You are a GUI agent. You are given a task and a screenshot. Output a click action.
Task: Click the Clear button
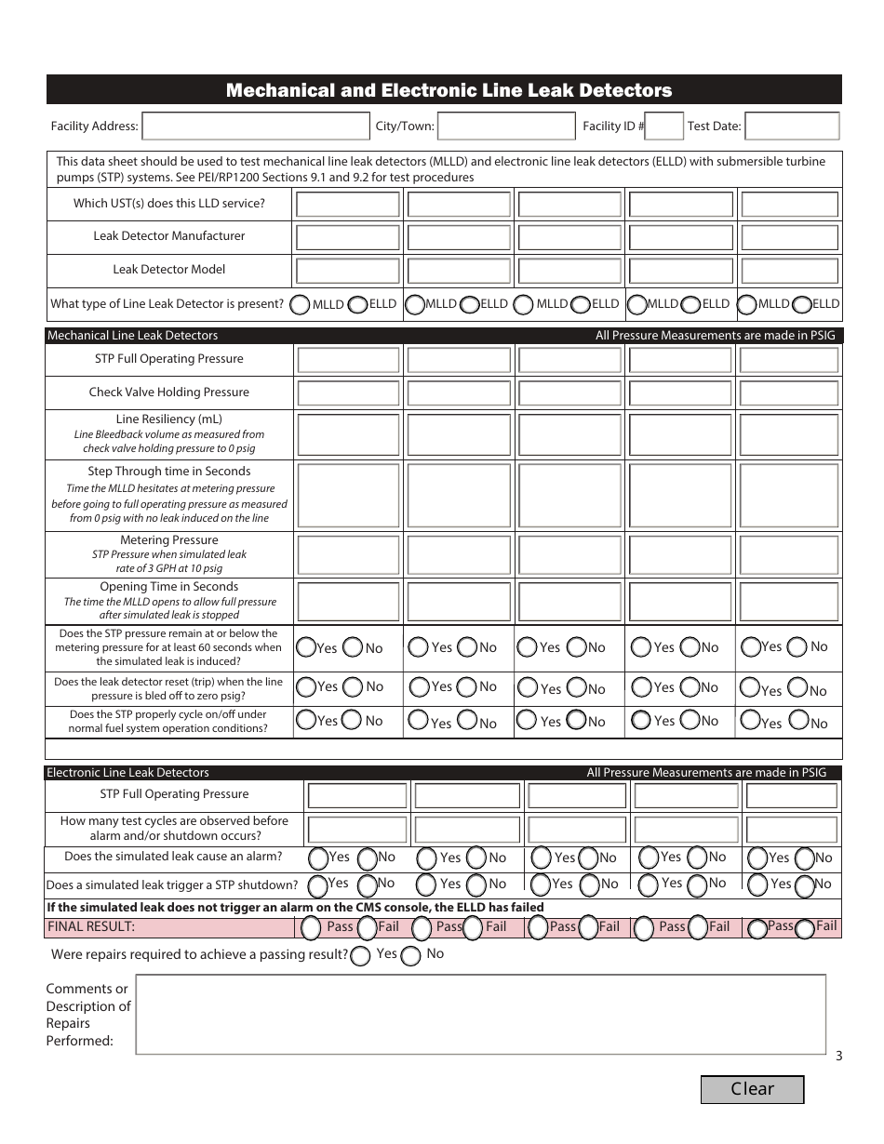tap(752, 1089)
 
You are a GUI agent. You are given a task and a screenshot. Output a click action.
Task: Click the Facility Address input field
tap(255, 126)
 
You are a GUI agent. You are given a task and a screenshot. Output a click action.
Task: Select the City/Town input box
tap(505, 126)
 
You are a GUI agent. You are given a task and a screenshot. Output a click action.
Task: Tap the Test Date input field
tap(792, 126)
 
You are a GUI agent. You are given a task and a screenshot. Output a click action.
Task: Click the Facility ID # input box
tap(663, 126)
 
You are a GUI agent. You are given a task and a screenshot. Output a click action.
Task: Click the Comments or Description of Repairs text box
tap(480, 1014)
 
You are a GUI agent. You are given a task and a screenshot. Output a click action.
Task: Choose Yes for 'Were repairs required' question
tap(360, 955)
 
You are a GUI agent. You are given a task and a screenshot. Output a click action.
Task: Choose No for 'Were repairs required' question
tap(409, 955)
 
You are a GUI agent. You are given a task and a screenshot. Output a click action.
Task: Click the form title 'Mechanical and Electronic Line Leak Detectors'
tap(449, 90)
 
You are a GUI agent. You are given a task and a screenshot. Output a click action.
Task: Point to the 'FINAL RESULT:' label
tap(91, 926)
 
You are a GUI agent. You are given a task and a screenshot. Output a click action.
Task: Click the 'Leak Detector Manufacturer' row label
tap(169, 236)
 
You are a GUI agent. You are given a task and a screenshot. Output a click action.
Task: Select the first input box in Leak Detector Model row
tap(347, 271)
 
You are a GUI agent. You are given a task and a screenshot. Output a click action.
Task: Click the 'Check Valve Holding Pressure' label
tap(169, 392)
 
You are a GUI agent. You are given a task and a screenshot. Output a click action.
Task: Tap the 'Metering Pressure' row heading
tap(169, 540)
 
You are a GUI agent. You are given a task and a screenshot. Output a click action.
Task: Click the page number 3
tap(838, 1056)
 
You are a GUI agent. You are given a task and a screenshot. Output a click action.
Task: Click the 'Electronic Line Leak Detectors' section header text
tap(128, 773)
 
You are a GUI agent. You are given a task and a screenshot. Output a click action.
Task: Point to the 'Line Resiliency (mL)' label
tap(169, 419)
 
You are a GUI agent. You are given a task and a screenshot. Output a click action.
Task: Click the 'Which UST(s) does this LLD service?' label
tap(169, 204)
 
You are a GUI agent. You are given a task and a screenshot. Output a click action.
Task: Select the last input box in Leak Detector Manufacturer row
tap(789, 237)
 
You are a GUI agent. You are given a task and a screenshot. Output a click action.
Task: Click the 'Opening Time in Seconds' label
tap(169, 587)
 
